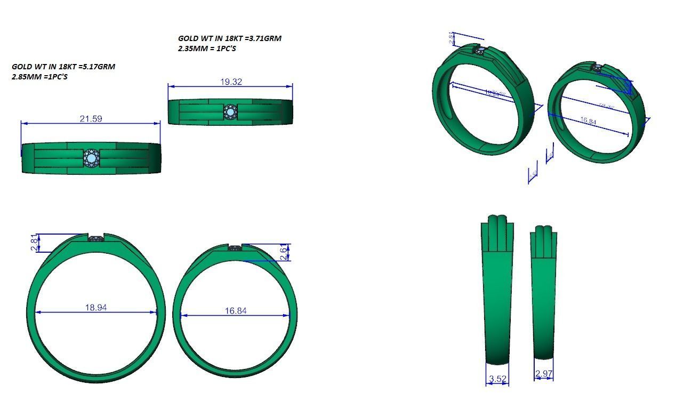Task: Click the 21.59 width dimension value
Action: tap(91, 119)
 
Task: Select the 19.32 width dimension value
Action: tap(231, 82)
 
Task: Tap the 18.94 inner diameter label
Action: tap(96, 308)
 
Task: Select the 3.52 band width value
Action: tap(497, 380)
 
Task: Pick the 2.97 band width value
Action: tap(543, 374)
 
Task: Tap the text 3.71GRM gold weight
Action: tap(262, 38)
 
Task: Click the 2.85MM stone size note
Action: tap(27, 77)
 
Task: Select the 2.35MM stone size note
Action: tap(193, 49)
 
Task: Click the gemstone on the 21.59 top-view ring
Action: tap(91, 158)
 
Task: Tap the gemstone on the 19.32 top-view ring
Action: tap(230, 112)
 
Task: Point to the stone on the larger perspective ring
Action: tap(480, 51)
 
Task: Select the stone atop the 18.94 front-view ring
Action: tap(96, 239)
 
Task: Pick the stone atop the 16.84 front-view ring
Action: tap(235, 247)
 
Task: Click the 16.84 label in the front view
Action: tap(236, 311)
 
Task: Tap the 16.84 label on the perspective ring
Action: tap(588, 121)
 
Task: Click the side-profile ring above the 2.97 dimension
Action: tap(544, 293)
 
